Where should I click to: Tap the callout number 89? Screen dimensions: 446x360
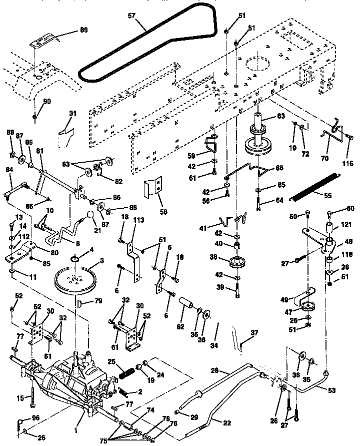[83, 31]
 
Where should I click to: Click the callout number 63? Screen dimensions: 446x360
[281, 116]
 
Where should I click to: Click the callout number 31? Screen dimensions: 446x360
[73, 114]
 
